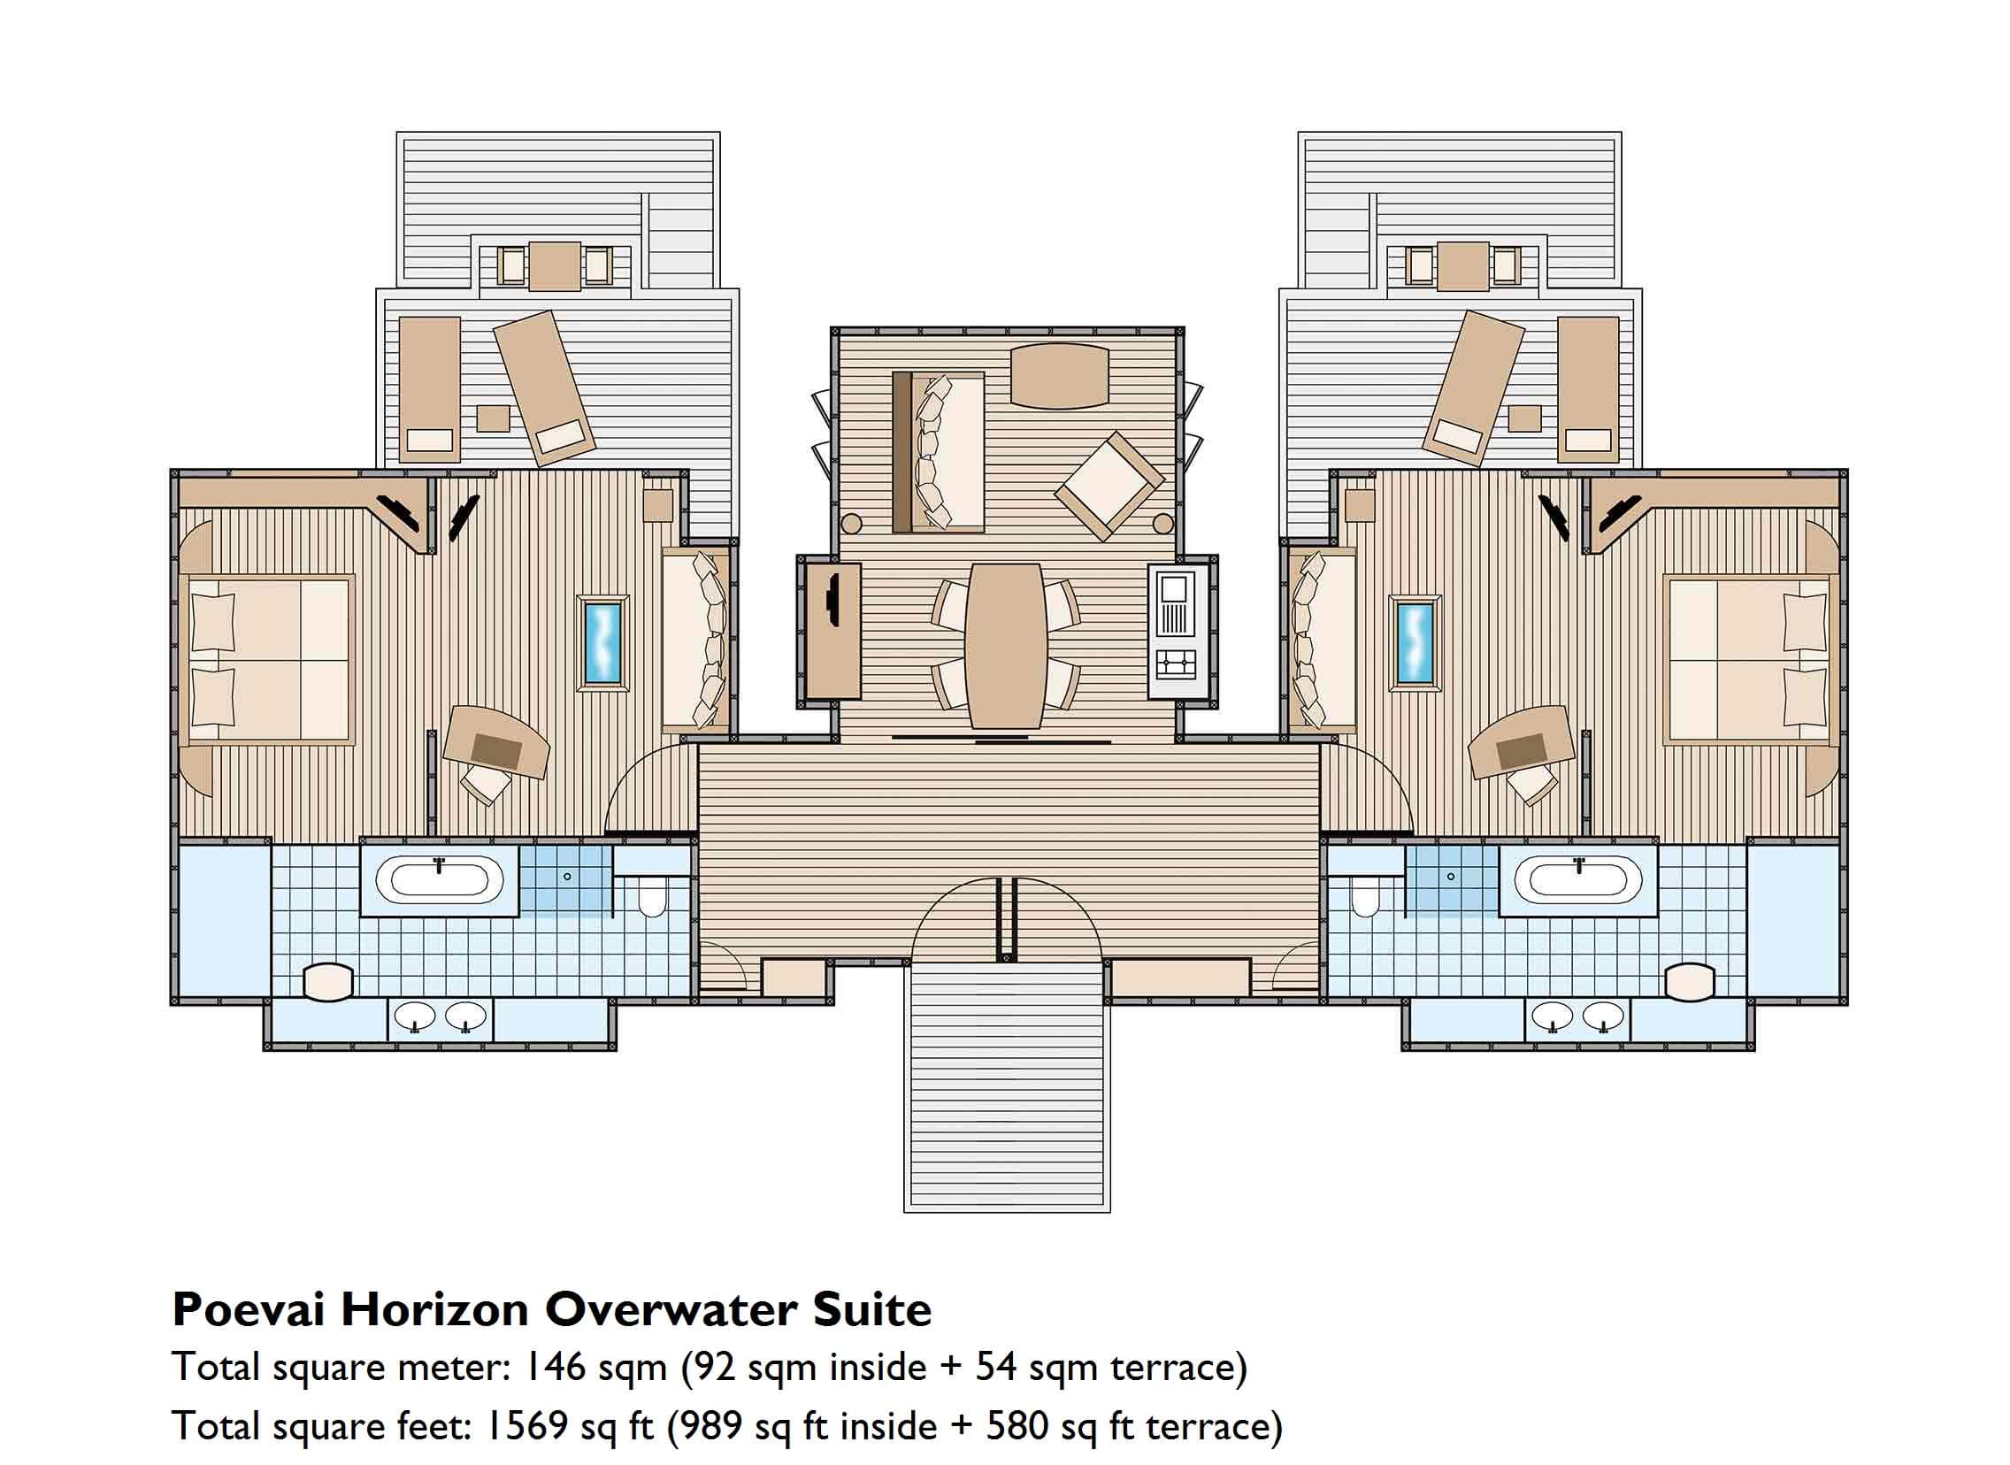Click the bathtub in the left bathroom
click(x=439, y=879)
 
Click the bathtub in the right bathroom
click(x=1571, y=879)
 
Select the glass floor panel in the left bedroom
click(x=604, y=642)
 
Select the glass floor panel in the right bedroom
click(x=1415, y=642)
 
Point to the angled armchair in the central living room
click(x=1109, y=486)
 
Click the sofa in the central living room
click(x=938, y=452)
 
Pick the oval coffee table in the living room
click(x=1060, y=376)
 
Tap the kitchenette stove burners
click(x=1176, y=663)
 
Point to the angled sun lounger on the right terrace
click(x=1474, y=388)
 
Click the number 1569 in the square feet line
click(x=526, y=1426)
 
